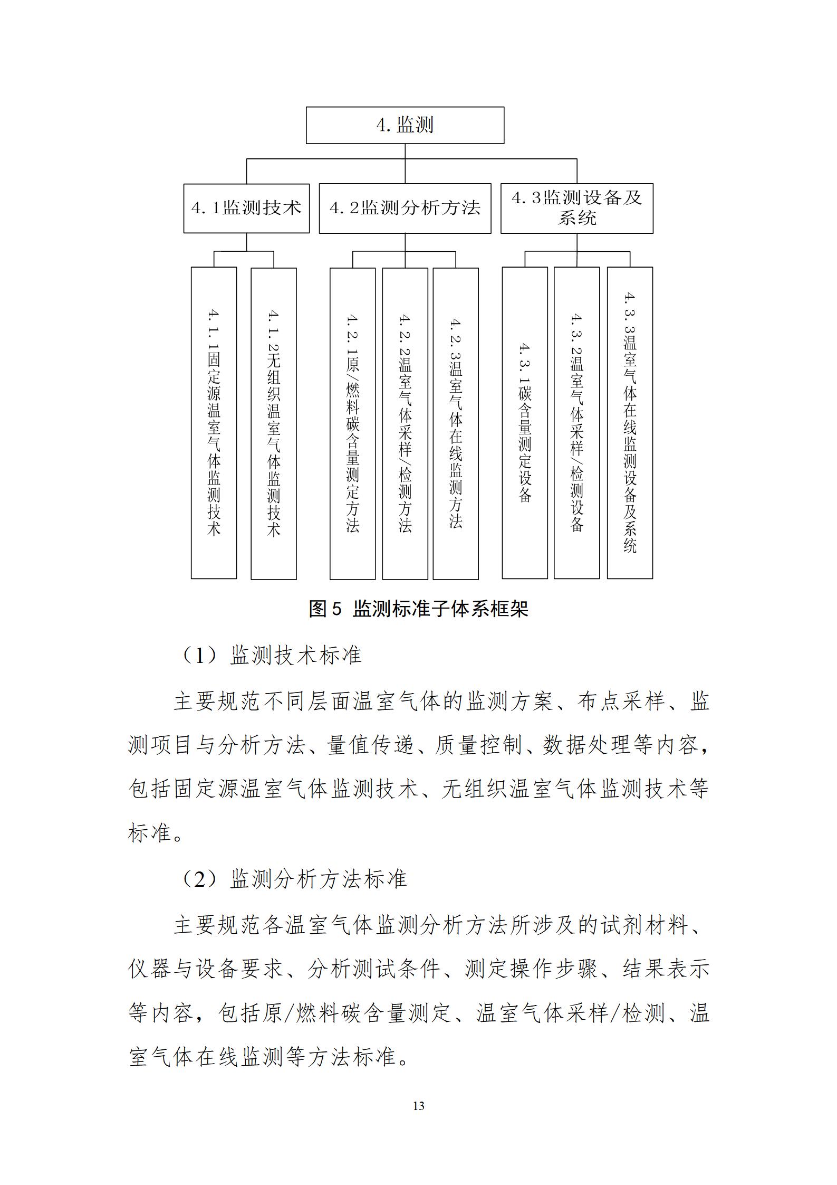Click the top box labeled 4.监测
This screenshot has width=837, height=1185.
point(405,126)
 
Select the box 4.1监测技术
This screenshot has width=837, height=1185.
point(246,208)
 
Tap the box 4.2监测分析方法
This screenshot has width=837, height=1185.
point(405,208)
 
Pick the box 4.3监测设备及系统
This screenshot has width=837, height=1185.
point(576,208)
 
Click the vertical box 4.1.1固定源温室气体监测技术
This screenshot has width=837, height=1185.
point(214,423)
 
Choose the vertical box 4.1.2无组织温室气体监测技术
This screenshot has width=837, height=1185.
point(273,423)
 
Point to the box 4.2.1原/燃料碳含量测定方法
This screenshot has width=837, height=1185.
point(352,423)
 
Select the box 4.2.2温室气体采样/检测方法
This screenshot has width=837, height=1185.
point(405,423)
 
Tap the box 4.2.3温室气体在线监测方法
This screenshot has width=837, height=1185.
point(456,423)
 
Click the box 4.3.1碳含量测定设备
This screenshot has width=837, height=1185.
point(524,423)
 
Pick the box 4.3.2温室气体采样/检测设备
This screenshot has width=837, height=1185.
point(576,423)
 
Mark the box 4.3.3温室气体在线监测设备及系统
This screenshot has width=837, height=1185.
point(630,423)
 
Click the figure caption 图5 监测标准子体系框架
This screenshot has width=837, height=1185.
point(418,609)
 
